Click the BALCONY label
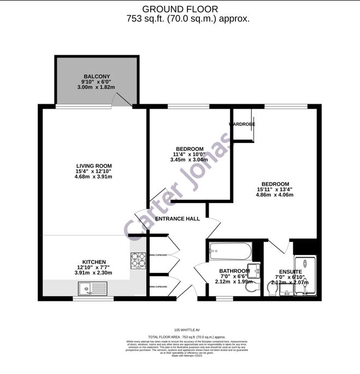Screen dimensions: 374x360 pos(97,76)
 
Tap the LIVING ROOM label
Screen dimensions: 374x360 pos(94,166)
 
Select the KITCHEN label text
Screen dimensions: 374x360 pos(94,262)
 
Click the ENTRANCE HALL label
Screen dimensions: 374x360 pos(178,219)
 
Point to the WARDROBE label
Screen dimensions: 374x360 pos(242,124)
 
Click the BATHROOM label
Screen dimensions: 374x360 pos(234,271)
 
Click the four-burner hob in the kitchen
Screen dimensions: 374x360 pos(138,262)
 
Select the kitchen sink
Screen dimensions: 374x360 pos(87,288)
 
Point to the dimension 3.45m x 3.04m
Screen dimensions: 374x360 pos(190,160)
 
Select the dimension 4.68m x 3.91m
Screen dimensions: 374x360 pos(93,177)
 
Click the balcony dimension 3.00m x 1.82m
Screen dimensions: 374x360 pos(97,87)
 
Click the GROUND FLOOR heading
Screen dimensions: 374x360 pos(180,9)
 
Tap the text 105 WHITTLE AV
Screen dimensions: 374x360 pos(180,330)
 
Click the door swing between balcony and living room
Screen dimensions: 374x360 pos(121,100)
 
